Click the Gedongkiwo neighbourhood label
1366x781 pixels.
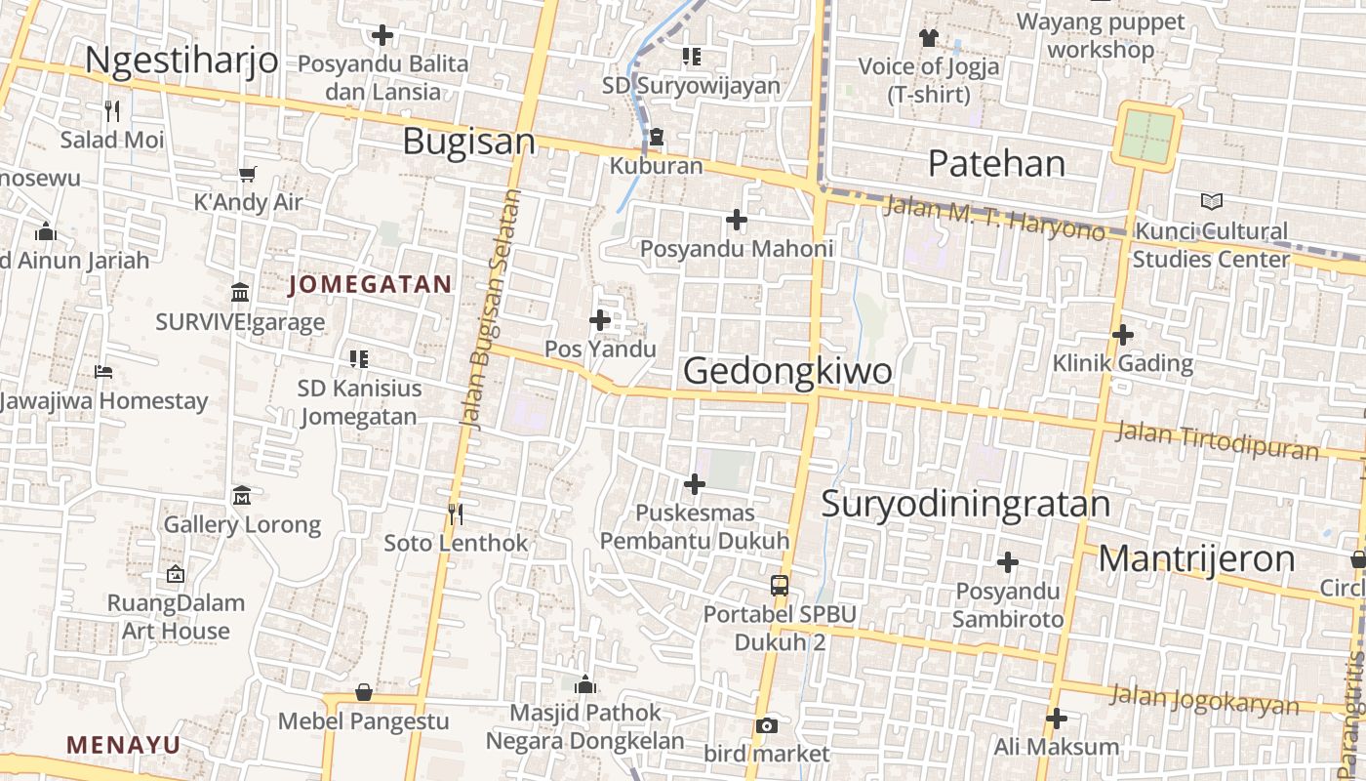[x=787, y=371]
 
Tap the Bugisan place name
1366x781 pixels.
[x=469, y=142]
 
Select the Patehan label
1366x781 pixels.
[x=996, y=163]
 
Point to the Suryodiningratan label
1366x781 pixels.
[x=965, y=504]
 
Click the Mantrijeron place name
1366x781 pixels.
[x=1196, y=559]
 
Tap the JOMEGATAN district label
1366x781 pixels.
[x=371, y=285]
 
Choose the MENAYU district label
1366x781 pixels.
[x=124, y=745]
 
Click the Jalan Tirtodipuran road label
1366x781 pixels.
[x=1219, y=438]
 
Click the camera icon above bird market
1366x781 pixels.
[x=767, y=725]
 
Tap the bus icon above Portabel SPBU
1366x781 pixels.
[x=779, y=586]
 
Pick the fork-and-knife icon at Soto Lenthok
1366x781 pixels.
[x=455, y=514]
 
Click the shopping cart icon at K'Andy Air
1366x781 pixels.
[x=247, y=174]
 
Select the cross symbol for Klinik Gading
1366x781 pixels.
[x=1123, y=335]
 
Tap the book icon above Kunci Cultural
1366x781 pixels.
[x=1211, y=202]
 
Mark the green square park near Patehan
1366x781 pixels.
[x=1148, y=136]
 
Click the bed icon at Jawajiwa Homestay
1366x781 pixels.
[x=103, y=372]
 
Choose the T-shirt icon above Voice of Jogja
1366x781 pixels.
[x=928, y=37]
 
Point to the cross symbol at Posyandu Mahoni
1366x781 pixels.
[x=737, y=220]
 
